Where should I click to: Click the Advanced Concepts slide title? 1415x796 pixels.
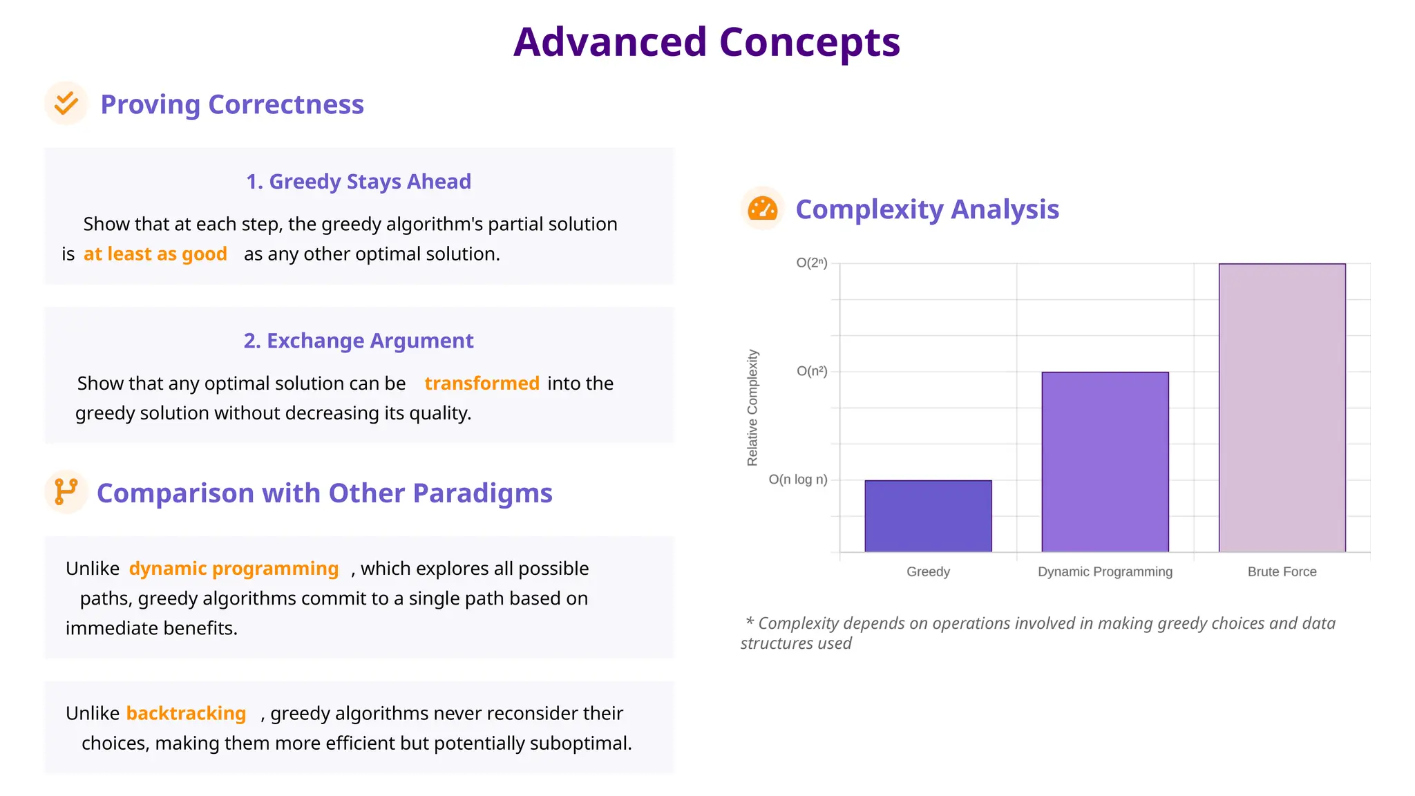click(x=706, y=42)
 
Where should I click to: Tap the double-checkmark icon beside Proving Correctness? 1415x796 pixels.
click(x=66, y=104)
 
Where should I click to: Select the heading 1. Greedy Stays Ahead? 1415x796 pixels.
click(x=359, y=182)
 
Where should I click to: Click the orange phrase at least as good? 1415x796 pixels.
click(x=155, y=254)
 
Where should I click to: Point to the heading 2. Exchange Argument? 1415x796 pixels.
click(x=359, y=341)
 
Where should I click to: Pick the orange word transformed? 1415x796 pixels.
click(x=482, y=383)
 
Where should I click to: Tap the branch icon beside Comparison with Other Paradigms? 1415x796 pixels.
click(x=66, y=492)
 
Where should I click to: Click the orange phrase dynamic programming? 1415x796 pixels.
click(x=234, y=569)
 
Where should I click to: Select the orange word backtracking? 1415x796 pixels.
click(x=186, y=713)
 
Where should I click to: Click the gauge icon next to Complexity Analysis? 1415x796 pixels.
click(x=762, y=209)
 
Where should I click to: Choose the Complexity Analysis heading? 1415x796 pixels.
click(x=927, y=209)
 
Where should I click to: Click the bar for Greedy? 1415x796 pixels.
click(x=928, y=516)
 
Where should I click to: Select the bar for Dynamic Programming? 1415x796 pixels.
click(x=1105, y=462)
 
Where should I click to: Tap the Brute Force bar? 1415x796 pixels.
click(x=1282, y=408)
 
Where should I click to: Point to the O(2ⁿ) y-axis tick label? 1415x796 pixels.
click(x=811, y=263)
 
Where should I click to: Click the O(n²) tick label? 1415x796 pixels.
click(x=811, y=371)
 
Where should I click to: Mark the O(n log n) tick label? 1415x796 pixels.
click(x=797, y=480)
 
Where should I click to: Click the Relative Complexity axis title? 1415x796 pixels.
click(x=752, y=408)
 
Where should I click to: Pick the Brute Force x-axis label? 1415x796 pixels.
click(x=1282, y=572)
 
